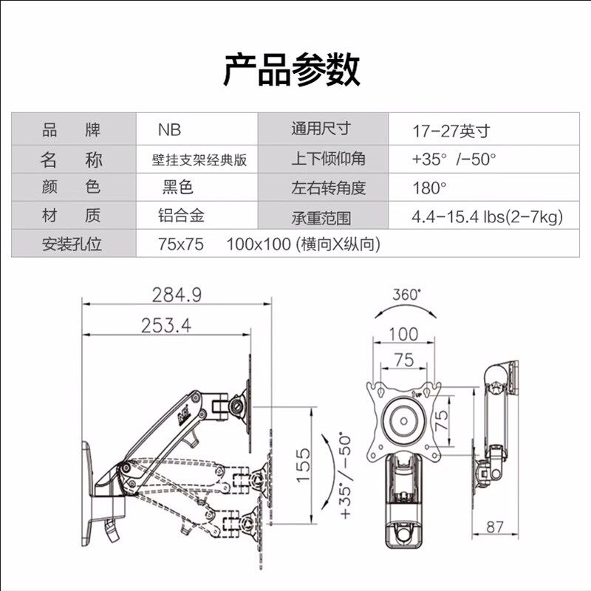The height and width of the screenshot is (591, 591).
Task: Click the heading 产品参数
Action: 292,69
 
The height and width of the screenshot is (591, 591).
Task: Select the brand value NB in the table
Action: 169,131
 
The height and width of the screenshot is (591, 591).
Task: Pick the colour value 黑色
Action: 177,188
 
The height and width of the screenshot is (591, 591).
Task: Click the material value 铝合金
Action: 181,216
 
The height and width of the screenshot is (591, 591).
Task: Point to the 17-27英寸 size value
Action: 451,131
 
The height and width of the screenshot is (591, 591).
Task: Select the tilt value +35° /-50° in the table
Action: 454,160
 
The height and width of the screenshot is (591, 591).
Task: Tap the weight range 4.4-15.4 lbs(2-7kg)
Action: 487,216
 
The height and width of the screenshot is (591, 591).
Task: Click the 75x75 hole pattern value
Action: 181,244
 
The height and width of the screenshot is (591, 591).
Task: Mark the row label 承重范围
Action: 321,217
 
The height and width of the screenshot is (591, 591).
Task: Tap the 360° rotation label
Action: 406,294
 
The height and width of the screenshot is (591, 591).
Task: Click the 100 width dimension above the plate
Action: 403,333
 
